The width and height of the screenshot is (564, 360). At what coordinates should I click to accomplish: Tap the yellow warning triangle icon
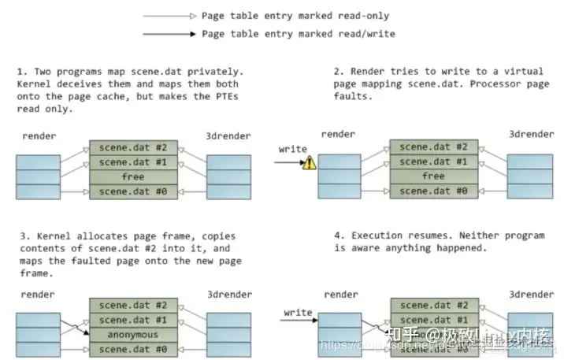point(310,163)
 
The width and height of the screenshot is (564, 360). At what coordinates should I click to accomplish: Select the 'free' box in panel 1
point(132,176)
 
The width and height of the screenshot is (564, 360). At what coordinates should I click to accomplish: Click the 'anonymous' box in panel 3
point(132,333)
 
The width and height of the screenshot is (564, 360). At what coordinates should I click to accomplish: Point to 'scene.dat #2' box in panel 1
point(132,147)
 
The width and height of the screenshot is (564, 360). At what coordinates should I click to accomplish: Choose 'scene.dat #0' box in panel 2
point(432,191)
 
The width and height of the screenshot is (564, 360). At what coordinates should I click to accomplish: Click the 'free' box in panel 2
point(432,176)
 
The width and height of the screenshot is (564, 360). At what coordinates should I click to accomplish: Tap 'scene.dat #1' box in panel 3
point(132,319)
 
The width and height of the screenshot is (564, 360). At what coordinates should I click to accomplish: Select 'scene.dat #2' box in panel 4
point(432,305)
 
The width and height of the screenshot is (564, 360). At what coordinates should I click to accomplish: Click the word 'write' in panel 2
point(293,148)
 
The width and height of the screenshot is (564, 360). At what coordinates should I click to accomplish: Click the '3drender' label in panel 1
point(228,136)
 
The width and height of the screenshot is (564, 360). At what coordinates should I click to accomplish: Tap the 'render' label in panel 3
point(37,294)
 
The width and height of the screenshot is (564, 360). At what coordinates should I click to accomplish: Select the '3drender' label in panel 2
point(529,136)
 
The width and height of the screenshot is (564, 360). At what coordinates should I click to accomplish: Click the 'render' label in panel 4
point(340,294)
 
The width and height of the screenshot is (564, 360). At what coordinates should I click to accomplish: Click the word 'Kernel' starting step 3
point(47,236)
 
